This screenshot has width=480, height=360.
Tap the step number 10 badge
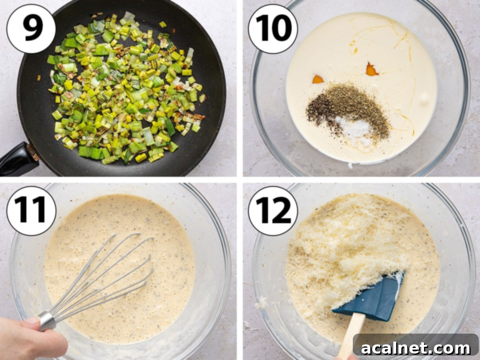pos(272,28)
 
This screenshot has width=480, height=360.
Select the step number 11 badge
pos(31,210)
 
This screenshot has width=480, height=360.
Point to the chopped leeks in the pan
pos(124,88)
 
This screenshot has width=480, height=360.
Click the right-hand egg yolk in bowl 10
pos(372,70)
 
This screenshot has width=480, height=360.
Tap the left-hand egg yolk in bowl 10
pos(318,79)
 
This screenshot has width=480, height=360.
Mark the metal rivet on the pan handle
pos(33,153)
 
